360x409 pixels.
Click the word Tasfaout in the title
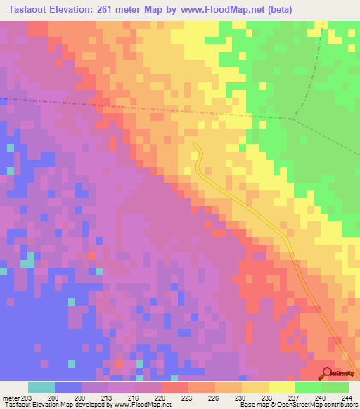[x=31, y=10]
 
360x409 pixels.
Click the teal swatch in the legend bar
[x=41, y=387]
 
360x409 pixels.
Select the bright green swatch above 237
[x=308, y=387]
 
